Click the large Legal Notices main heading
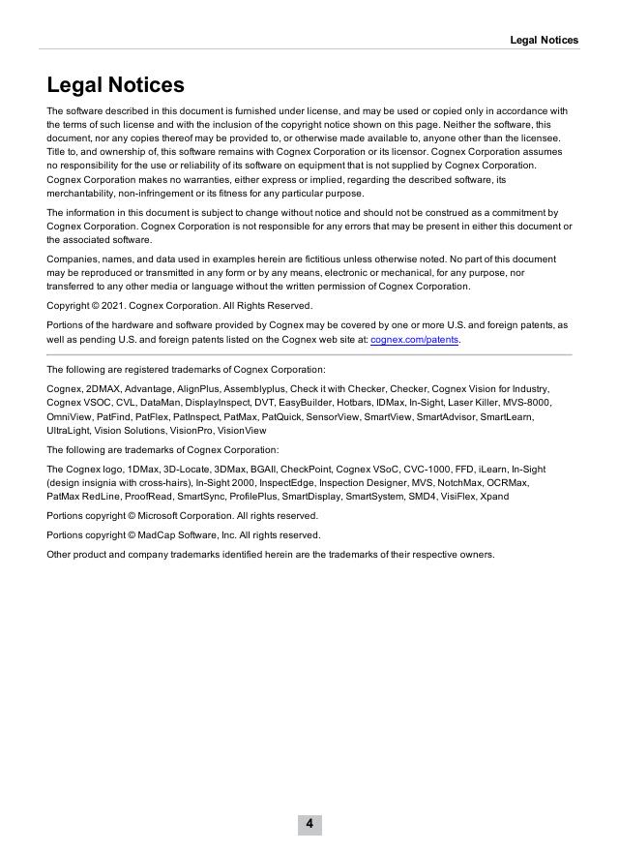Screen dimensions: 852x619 click(115, 85)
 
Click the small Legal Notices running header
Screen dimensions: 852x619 click(544, 40)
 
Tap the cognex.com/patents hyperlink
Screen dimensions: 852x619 click(414, 340)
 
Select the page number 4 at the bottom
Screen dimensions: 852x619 click(309, 824)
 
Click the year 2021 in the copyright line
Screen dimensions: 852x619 click(113, 305)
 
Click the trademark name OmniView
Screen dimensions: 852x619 click(69, 416)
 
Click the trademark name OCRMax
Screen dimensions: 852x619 click(507, 482)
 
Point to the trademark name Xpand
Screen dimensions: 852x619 click(494, 497)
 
